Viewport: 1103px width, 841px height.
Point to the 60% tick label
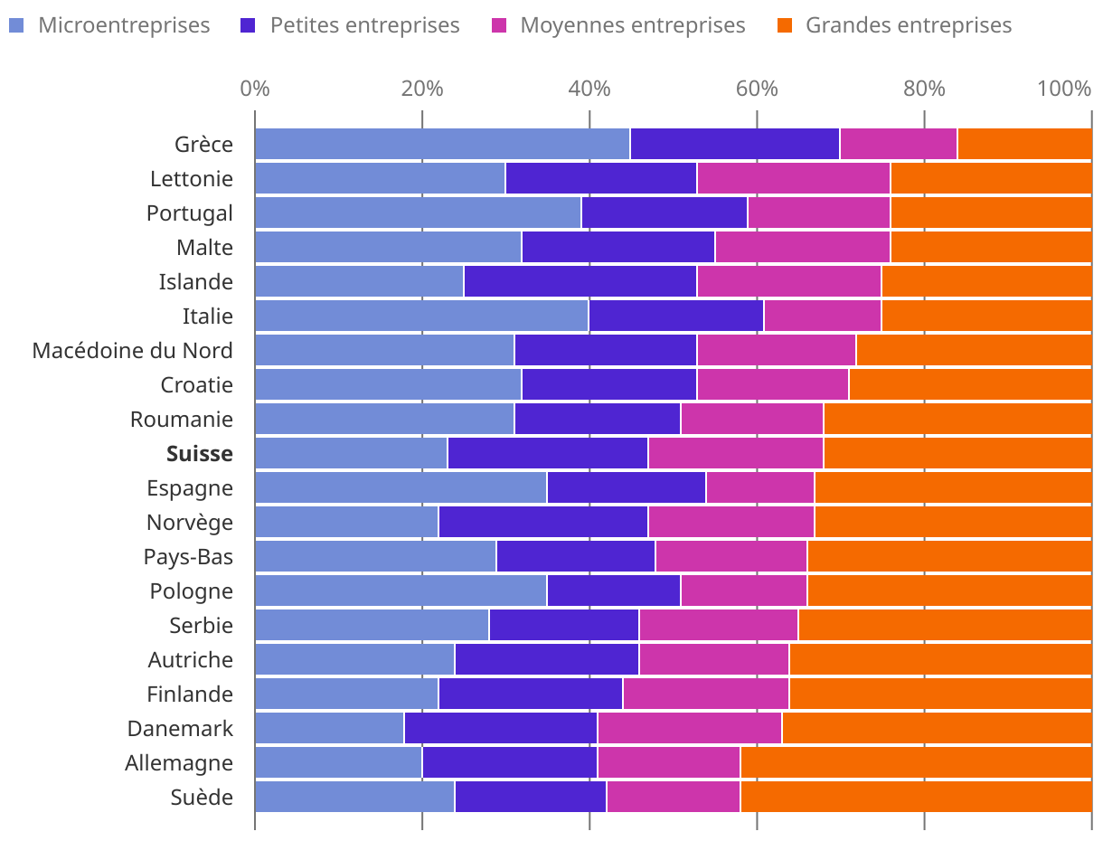(x=757, y=89)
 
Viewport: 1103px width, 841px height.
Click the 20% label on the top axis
(x=422, y=89)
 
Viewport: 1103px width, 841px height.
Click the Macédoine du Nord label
(x=132, y=350)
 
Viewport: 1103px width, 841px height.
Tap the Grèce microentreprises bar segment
(x=442, y=145)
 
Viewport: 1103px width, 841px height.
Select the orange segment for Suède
(x=916, y=797)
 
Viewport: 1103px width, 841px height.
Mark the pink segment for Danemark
(x=690, y=728)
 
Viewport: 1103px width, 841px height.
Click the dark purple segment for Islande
(x=580, y=282)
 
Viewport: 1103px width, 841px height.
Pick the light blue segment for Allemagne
(x=338, y=762)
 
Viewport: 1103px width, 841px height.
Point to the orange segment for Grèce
(x=1024, y=145)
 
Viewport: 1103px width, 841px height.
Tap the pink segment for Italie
(x=823, y=317)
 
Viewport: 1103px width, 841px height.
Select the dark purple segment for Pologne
(x=614, y=591)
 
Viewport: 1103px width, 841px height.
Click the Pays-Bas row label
(x=188, y=556)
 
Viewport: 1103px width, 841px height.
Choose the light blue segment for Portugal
(x=418, y=213)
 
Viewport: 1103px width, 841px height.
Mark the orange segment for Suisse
(x=957, y=453)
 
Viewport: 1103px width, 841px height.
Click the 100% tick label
(x=1064, y=89)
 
